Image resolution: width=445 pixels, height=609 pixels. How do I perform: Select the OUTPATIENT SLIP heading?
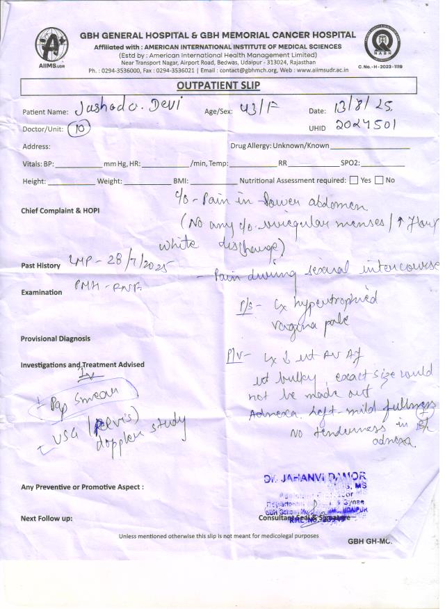(x=219, y=86)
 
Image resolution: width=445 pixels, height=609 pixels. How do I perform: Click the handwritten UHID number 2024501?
(x=366, y=127)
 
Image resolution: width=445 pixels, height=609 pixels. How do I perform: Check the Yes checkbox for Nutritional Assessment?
(x=355, y=180)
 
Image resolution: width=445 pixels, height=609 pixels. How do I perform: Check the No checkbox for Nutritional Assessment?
(x=379, y=180)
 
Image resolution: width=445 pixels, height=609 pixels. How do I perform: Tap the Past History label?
(x=40, y=266)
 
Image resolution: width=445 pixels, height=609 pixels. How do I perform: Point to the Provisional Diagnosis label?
(x=56, y=339)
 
